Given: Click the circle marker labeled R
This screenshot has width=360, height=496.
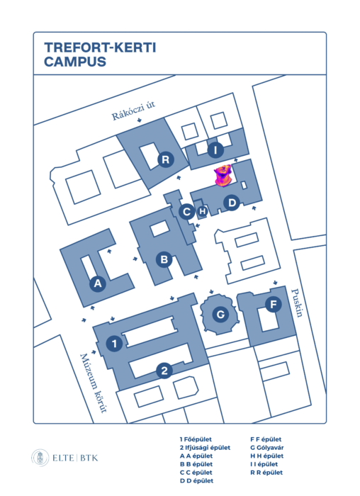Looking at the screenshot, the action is click(166, 159).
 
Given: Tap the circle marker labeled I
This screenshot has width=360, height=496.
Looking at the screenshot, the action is click(215, 150).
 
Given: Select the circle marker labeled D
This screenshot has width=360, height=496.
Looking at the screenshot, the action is click(232, 203).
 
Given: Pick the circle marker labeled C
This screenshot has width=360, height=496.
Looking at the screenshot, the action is click(186, 212).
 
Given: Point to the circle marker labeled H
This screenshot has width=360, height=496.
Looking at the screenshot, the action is click(203, 211).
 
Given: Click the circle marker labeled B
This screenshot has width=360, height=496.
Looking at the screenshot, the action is click(164, 259).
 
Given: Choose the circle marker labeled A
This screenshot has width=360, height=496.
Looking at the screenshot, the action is click(98, 283).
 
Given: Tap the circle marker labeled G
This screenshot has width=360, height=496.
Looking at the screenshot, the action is click(220, 315).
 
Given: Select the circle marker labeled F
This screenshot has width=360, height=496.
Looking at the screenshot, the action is click(274, 304).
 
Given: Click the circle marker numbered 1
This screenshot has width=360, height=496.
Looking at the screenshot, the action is click(115, 344).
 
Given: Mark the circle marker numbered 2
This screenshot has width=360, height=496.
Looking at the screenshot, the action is click(164, 371).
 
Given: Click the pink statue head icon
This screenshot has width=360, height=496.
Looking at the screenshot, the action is click(223, 176).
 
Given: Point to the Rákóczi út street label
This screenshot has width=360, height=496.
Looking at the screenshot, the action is click(133, 111).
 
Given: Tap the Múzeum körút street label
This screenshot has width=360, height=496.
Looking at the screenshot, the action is click(93, 383).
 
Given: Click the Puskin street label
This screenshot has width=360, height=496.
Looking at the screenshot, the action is click(298, 303).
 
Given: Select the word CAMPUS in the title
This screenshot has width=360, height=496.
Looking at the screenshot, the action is click(75, 62).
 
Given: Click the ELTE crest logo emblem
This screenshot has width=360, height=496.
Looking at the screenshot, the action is click(40, 458).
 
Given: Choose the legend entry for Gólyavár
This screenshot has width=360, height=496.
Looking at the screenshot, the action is click(267, 448).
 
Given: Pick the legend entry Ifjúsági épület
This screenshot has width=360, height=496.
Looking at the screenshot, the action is click(205, 448).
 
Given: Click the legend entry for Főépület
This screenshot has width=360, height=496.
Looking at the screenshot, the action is click(196, 439).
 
